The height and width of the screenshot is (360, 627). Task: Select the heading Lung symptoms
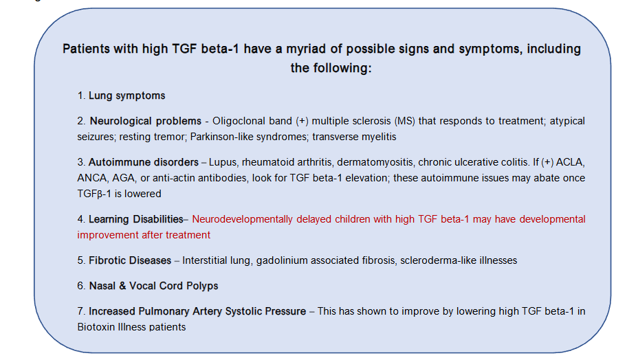[126, 95]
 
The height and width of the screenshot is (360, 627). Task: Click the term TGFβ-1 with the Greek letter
[96, 194]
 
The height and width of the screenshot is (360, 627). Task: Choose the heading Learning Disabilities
[136, 219]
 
